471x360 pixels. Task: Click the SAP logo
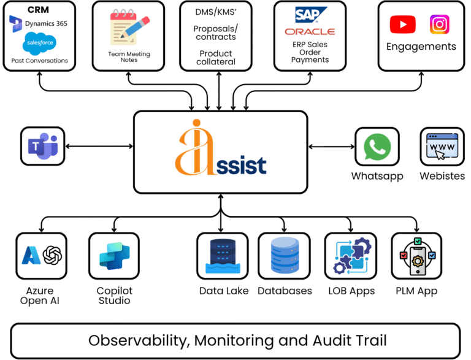312,14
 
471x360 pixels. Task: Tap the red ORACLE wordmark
310,31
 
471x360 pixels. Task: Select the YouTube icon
402,25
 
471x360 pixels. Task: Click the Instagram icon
439,25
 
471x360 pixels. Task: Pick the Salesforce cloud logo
39,44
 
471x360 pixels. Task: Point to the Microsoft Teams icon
43,146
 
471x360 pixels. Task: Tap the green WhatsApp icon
377,147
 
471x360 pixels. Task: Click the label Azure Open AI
40,296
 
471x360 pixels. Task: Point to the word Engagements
421,47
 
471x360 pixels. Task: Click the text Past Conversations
40,61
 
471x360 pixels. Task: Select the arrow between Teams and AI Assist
99,146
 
